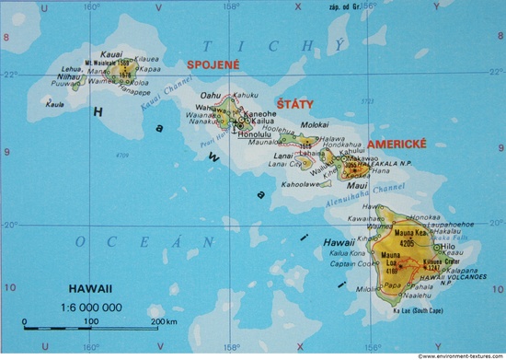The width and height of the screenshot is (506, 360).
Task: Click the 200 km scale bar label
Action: point(163,320)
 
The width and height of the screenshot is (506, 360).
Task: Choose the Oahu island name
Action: point(212,96)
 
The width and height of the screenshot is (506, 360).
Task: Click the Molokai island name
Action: point(316,123)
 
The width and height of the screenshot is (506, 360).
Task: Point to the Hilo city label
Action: point(449,247)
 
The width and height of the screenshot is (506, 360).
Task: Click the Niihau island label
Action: point(69,77)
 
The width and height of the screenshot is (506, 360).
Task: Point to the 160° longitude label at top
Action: point(89,6)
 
